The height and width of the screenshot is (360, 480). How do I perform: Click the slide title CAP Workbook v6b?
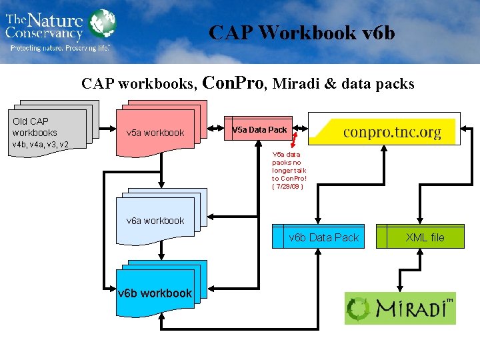pyautogui.click(x=301, y=33)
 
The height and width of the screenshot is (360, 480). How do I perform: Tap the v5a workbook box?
pyautogui.click(x=160, y=131)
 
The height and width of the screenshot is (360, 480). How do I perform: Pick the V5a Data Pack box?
pyautogui.click(x=260, y=129)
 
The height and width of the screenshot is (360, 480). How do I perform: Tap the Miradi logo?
pyautogui.click(x=400, y=309)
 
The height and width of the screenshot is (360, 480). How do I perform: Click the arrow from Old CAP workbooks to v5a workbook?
pyautogui.click(x=107, y=128)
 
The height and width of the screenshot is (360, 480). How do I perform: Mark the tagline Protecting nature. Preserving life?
pyautogui.click(x=59, y=48)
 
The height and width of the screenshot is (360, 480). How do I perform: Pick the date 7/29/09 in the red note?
pyautogui.click(x=288, y=187)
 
